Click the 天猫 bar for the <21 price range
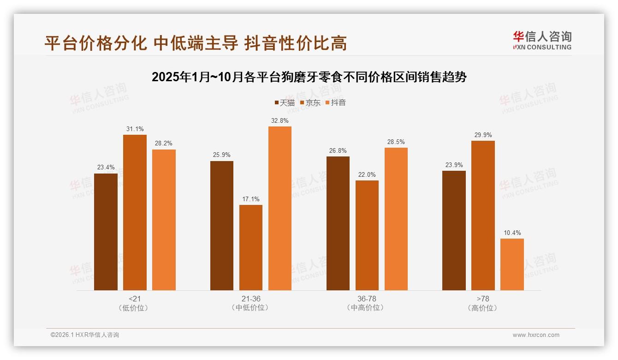[x=106, y=232]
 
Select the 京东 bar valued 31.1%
[x=135, y=212]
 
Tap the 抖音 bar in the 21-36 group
[x=280, y=208]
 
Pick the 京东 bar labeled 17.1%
[x=251, y=247]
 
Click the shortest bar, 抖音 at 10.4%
[x=512, y=264]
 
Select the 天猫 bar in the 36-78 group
[x=338, y=223]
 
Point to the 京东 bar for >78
[x=483, y=216]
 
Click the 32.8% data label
[x=280, y=120]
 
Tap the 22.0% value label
[x=367, y=174]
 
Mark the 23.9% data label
[x=454, y=165]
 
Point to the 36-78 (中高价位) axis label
[x=367, y=303]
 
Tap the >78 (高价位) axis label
[x=483, y=303]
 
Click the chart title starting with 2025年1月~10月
[x=309, y=77]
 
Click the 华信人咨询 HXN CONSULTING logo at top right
[x=542, y=40]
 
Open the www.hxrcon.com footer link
[x=536, y=335]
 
